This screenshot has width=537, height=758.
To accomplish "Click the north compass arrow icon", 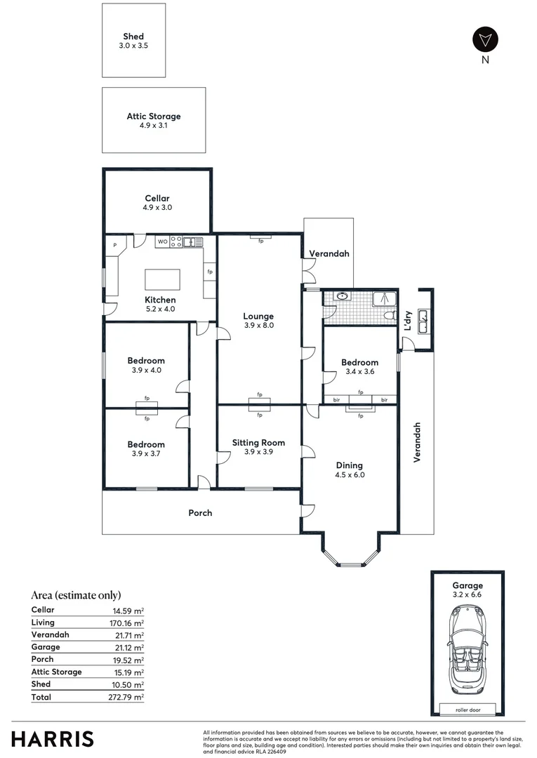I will pos(484,39).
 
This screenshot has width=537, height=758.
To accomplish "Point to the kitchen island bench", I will pos(162,279).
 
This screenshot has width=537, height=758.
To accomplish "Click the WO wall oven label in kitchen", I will pos(162,242).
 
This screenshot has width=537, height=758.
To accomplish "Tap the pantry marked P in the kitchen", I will pos(114,245).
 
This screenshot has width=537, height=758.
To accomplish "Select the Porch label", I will pos(200,513).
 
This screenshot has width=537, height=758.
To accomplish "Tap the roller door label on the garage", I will pos(467,710).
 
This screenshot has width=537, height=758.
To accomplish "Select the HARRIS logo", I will pos(52,739).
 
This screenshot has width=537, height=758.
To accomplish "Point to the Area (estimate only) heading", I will pos(76,595).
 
